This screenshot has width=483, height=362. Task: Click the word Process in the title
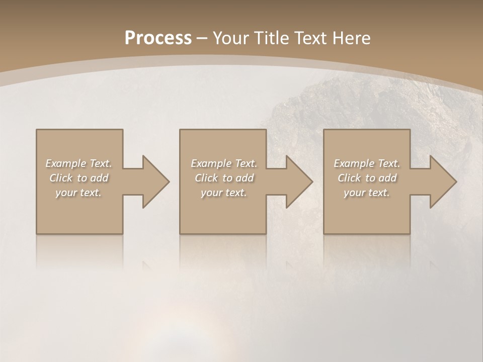click(158, 38)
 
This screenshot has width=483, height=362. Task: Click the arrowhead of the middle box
click(299, 182)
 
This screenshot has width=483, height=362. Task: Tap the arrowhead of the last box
click(443, 182)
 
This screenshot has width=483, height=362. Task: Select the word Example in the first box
click(66, 163)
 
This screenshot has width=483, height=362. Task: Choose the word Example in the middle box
click(211, 163)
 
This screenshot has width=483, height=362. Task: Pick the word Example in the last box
click(354, 163)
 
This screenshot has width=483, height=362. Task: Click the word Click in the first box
click(61, 178)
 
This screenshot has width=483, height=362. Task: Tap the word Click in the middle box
click(206, 178)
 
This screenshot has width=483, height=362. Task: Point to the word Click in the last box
click(349, 178)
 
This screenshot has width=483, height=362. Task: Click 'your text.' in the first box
click(78, 193)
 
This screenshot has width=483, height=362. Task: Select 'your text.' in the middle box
click(223, 193)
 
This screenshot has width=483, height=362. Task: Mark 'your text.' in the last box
click(366, 193)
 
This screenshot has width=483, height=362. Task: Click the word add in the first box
click(99, 178)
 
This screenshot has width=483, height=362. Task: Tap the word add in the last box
click(387, 178)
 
